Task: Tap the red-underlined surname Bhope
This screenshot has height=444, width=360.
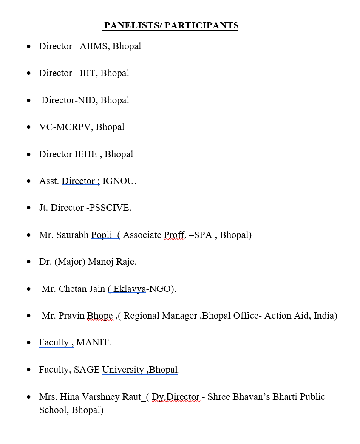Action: point(100,316)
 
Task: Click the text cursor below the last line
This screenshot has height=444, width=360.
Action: point(99,422)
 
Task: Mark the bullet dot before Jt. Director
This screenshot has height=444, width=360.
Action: point(29,208)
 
